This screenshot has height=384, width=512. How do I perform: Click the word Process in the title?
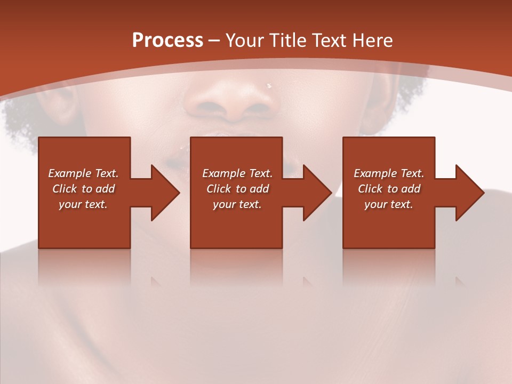tap(167, 41)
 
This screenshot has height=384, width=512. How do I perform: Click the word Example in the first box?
tap(69, 173)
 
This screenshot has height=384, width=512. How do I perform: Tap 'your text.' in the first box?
tap(83, 204)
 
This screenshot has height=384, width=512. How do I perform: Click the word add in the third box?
tap(411, 189)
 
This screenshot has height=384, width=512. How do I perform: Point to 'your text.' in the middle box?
tap(237, 204)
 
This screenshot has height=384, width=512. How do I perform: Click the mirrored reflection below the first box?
tap(84, 267)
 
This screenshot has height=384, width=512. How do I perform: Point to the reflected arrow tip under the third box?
tap(460, 281)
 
